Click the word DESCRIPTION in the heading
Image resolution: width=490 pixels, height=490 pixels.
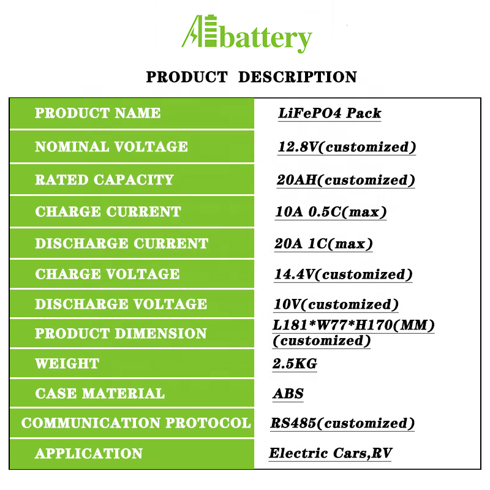(298, 77)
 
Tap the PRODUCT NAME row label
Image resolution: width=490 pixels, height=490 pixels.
(98, 113)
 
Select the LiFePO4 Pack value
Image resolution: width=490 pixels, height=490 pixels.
(330, 113)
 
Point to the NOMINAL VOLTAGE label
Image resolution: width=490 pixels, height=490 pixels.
(111, 146)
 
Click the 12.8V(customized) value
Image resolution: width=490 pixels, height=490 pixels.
(347, 147)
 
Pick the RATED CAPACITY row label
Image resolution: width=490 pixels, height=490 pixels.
(104, 179)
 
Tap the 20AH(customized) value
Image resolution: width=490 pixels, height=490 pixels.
(345, 180)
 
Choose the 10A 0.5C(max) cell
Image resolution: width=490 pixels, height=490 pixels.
(331, 212)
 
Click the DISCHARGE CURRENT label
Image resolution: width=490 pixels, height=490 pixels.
(121, 243)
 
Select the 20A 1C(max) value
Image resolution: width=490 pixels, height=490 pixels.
(323, 244)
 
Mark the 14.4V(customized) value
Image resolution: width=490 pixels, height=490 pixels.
(343, 274)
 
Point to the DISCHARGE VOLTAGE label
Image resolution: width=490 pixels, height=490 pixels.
(121, 304)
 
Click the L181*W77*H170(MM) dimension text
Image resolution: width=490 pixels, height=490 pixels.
(353, 325)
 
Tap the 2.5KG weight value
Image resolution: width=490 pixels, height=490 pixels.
(295, 364)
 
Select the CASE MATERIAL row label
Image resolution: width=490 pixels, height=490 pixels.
(100, 393)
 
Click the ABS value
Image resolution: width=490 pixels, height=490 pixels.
(288, 394)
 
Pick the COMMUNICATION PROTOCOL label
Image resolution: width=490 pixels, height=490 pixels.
(136, 423)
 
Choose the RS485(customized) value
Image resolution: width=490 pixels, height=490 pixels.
(342, 423)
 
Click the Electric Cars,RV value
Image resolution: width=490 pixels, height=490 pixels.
(330, 453)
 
